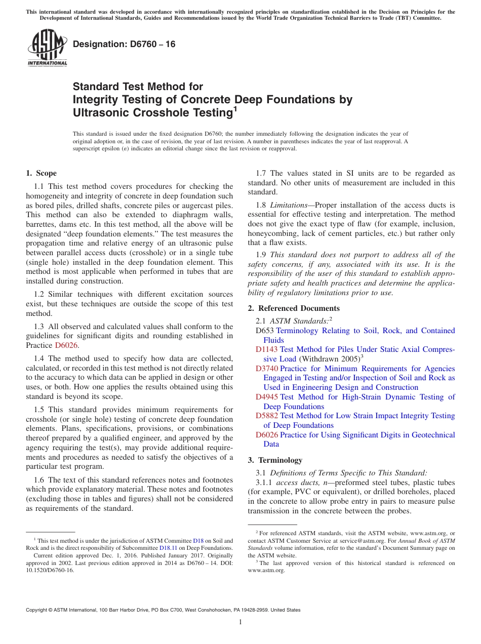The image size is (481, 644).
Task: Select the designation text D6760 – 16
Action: (x=124, y=45)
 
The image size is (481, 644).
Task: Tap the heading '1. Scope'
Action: (x=41, y=173)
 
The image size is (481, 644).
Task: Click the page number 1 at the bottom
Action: (x=240, y=622)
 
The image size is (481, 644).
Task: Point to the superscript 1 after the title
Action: (x=234, y=108)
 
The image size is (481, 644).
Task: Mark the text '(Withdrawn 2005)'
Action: (x=329, y=359)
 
